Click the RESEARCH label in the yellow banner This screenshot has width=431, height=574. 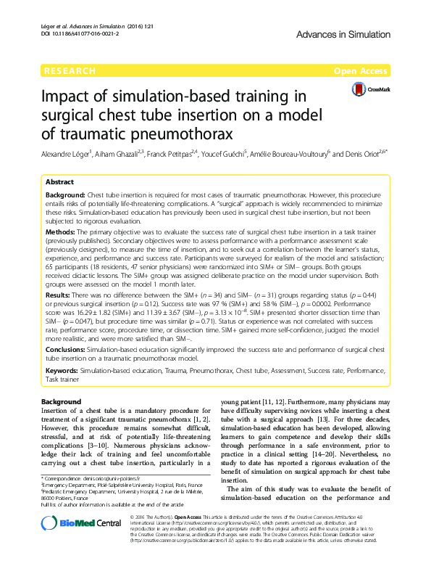70,71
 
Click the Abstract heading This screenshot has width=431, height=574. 60,183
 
